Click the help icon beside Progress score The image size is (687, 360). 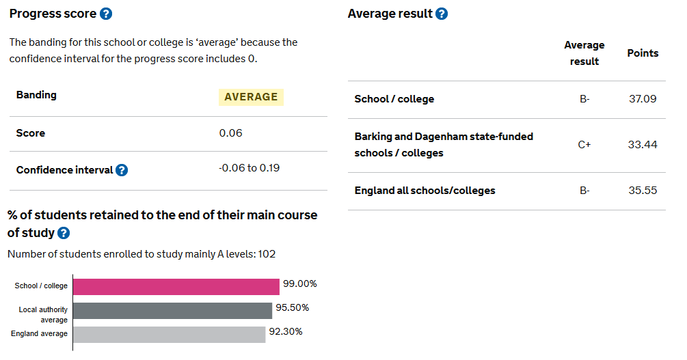105,14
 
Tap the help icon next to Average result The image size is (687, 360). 442,14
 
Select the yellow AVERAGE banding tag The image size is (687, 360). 251,97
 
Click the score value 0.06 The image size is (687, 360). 230,133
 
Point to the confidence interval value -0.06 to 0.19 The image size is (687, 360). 249,168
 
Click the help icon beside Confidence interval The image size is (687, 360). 122,170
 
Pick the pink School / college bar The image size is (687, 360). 176,286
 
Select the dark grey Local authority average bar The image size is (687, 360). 172,311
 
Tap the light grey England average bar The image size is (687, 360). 169,334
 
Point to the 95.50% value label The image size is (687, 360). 292,308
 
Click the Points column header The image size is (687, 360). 643,53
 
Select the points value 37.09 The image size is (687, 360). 643,99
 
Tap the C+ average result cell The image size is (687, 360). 584,145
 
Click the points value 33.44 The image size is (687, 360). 643,145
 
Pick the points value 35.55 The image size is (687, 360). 643,191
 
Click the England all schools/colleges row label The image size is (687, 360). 425,191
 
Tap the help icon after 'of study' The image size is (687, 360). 64,233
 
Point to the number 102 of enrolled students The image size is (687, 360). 267,254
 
